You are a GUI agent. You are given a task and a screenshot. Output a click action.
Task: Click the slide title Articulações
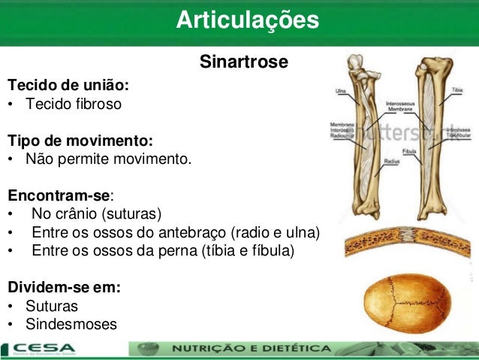[x=248, y=21]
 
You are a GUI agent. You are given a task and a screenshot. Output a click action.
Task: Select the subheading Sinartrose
[x=243, y=62]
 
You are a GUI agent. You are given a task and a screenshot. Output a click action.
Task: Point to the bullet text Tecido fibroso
[x=73, y=103]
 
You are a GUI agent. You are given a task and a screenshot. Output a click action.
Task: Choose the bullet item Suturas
[x=51, y=307]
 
